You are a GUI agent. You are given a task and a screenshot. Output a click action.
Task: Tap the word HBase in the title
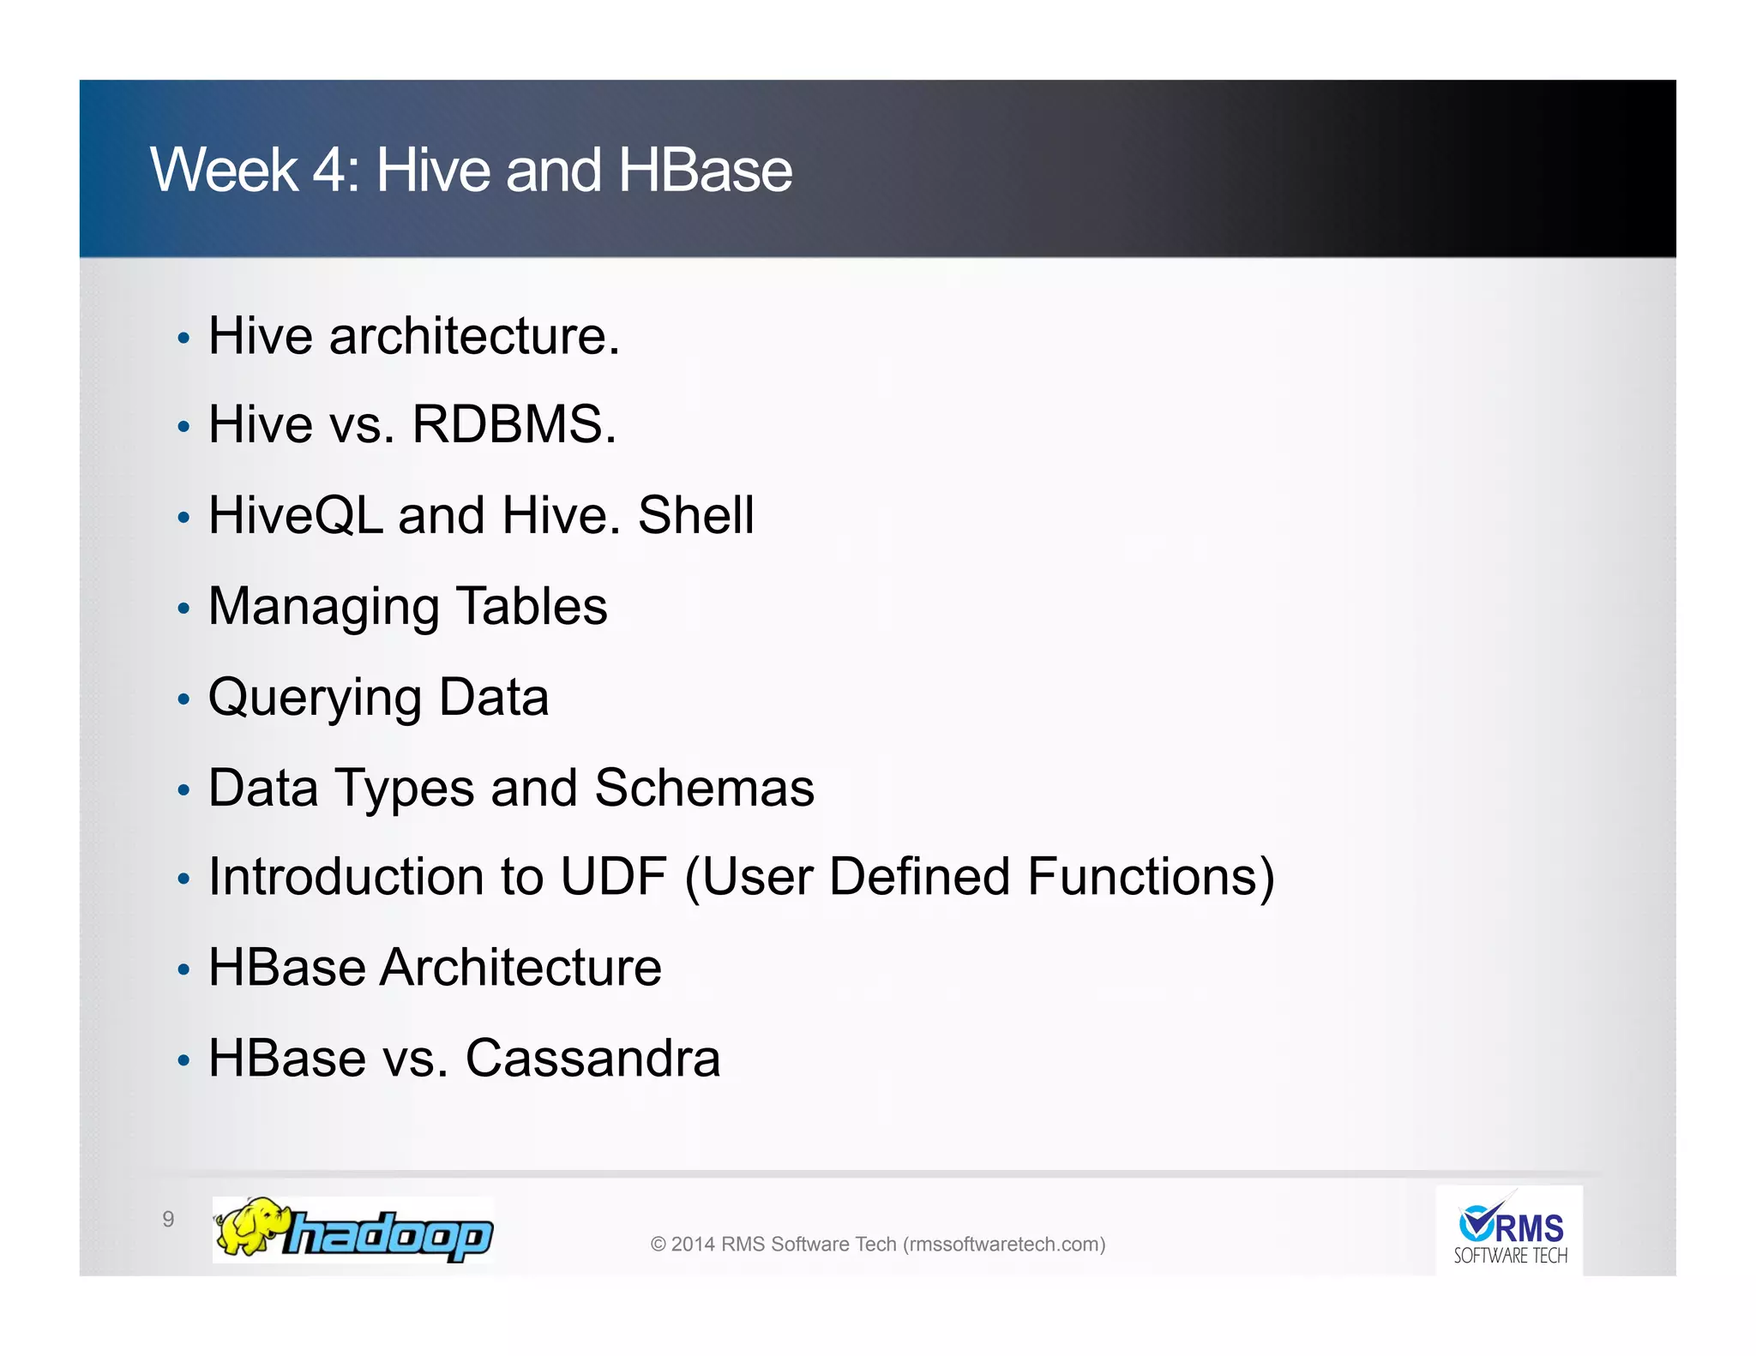[705, 171]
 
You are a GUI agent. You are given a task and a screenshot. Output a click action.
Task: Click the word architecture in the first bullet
[473, 336]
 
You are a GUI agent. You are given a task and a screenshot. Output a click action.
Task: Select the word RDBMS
[513, 424]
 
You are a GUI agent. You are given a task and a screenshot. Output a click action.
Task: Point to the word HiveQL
[296, 516]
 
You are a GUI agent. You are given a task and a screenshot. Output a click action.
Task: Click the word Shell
[695, 516]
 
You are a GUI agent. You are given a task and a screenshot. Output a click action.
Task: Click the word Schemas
[704, 788]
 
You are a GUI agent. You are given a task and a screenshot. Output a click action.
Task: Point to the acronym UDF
[613, 877]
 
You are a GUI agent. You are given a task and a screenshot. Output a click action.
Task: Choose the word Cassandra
[592, 1059]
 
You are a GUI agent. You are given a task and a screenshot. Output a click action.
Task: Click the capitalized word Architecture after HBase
[520, 968]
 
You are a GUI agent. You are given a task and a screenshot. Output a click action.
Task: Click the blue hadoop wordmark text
[390, 1235]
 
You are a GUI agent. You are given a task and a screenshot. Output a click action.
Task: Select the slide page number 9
[168, 1220]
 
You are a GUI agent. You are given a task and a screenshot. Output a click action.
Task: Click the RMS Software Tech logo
[1510, 1231]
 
